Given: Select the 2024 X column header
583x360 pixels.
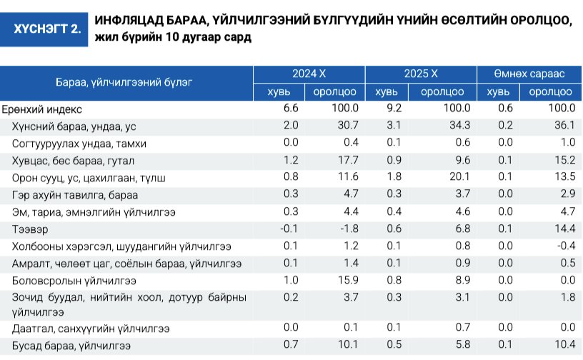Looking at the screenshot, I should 309,74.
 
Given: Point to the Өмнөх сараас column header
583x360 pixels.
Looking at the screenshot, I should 529,74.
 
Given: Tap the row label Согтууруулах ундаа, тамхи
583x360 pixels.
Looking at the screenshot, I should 79,143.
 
